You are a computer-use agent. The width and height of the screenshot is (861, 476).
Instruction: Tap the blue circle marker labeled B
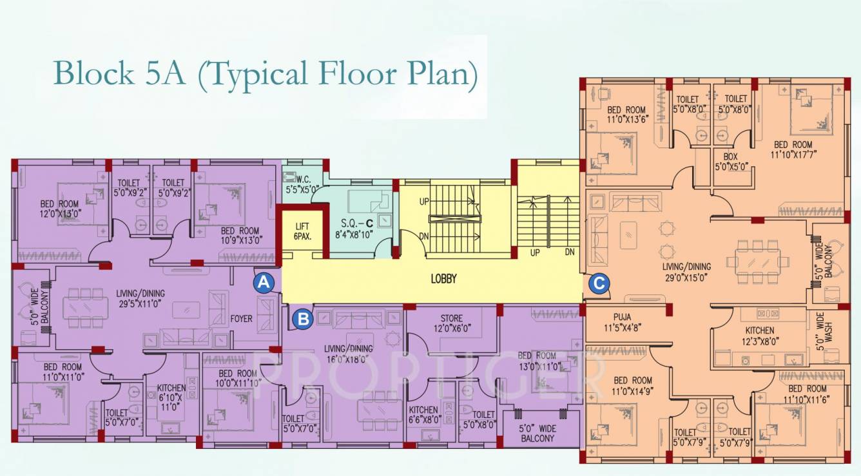302,318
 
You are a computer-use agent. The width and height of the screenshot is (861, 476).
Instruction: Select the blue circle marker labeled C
599,282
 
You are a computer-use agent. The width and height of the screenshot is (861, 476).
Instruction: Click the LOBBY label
443,279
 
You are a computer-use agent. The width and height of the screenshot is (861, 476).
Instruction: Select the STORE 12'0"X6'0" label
451,323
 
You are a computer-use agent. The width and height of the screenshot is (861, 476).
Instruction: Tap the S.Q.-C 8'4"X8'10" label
357,228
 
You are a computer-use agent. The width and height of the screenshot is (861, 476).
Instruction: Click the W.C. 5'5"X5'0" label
303,186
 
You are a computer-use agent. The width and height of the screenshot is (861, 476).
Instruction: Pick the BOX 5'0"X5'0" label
731,161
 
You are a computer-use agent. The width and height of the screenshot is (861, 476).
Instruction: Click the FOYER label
242,319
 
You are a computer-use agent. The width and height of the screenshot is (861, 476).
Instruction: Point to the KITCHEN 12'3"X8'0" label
759,336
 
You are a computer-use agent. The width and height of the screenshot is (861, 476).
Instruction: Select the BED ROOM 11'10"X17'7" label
793,149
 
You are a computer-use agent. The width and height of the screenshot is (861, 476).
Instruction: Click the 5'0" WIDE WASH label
820,331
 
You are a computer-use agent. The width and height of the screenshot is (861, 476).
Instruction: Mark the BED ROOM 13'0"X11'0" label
537,361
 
